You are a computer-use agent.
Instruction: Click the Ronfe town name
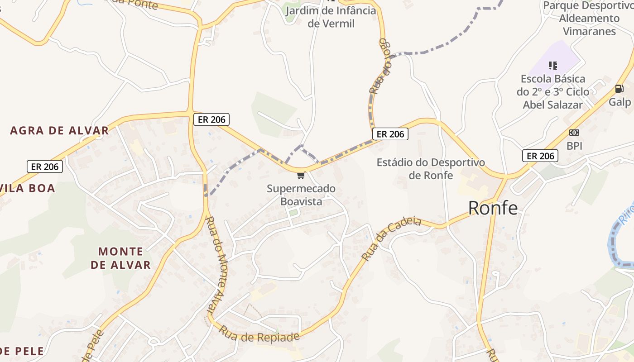(493, 208)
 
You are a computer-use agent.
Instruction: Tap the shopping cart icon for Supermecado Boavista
(301, 175)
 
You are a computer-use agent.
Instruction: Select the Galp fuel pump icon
(619, 89)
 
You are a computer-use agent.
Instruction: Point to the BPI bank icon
(574, 133)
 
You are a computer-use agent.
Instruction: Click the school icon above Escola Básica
(552, 66)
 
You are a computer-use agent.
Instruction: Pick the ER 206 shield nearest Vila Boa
(45, 167)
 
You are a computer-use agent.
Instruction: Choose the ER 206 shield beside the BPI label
(540, 156)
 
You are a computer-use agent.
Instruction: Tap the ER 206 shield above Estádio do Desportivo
(390, 134)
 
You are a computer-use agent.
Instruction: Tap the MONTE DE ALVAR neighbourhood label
(120, 258)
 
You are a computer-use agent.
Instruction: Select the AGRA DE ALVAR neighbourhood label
(59, 131)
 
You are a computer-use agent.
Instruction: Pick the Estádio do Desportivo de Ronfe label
(430, 168)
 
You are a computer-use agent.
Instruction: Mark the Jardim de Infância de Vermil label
(331, 17)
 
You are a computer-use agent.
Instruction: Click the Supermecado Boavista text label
(301, 195)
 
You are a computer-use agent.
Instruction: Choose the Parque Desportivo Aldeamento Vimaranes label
(588, 19)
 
